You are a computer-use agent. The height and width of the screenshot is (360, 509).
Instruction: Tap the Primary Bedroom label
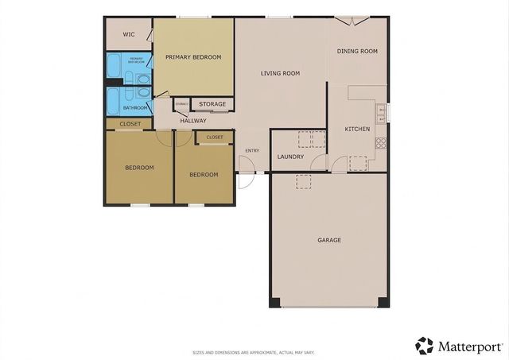coord(192,57)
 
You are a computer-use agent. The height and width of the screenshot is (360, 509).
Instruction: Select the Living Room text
coord(280,73)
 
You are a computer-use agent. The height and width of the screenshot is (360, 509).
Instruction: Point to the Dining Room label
coord(357,52)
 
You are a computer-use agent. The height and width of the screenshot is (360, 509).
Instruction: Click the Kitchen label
coord(356,129)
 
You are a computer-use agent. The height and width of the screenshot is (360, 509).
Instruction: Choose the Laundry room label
coord(290,157)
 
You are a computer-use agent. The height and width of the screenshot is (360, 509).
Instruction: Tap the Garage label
coord(329,239)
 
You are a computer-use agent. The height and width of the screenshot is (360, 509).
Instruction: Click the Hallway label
coord(192,121)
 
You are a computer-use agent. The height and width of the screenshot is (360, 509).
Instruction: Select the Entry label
coord(252,150)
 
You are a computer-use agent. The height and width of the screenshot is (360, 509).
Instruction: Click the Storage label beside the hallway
coord(212,104)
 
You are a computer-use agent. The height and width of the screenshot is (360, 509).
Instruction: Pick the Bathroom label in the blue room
coord(134,107)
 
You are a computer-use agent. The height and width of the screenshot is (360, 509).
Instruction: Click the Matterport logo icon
coord(425,346)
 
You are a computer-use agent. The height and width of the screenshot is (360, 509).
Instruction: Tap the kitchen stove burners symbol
coord(381,144)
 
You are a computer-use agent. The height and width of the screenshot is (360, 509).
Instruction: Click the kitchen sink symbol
coord(382,111)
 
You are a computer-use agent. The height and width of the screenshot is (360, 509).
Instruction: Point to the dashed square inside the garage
coord(303,182)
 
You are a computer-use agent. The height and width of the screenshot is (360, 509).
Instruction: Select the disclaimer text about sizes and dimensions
coord(254,352)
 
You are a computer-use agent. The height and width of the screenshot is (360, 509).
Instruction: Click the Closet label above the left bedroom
coord(130,124)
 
